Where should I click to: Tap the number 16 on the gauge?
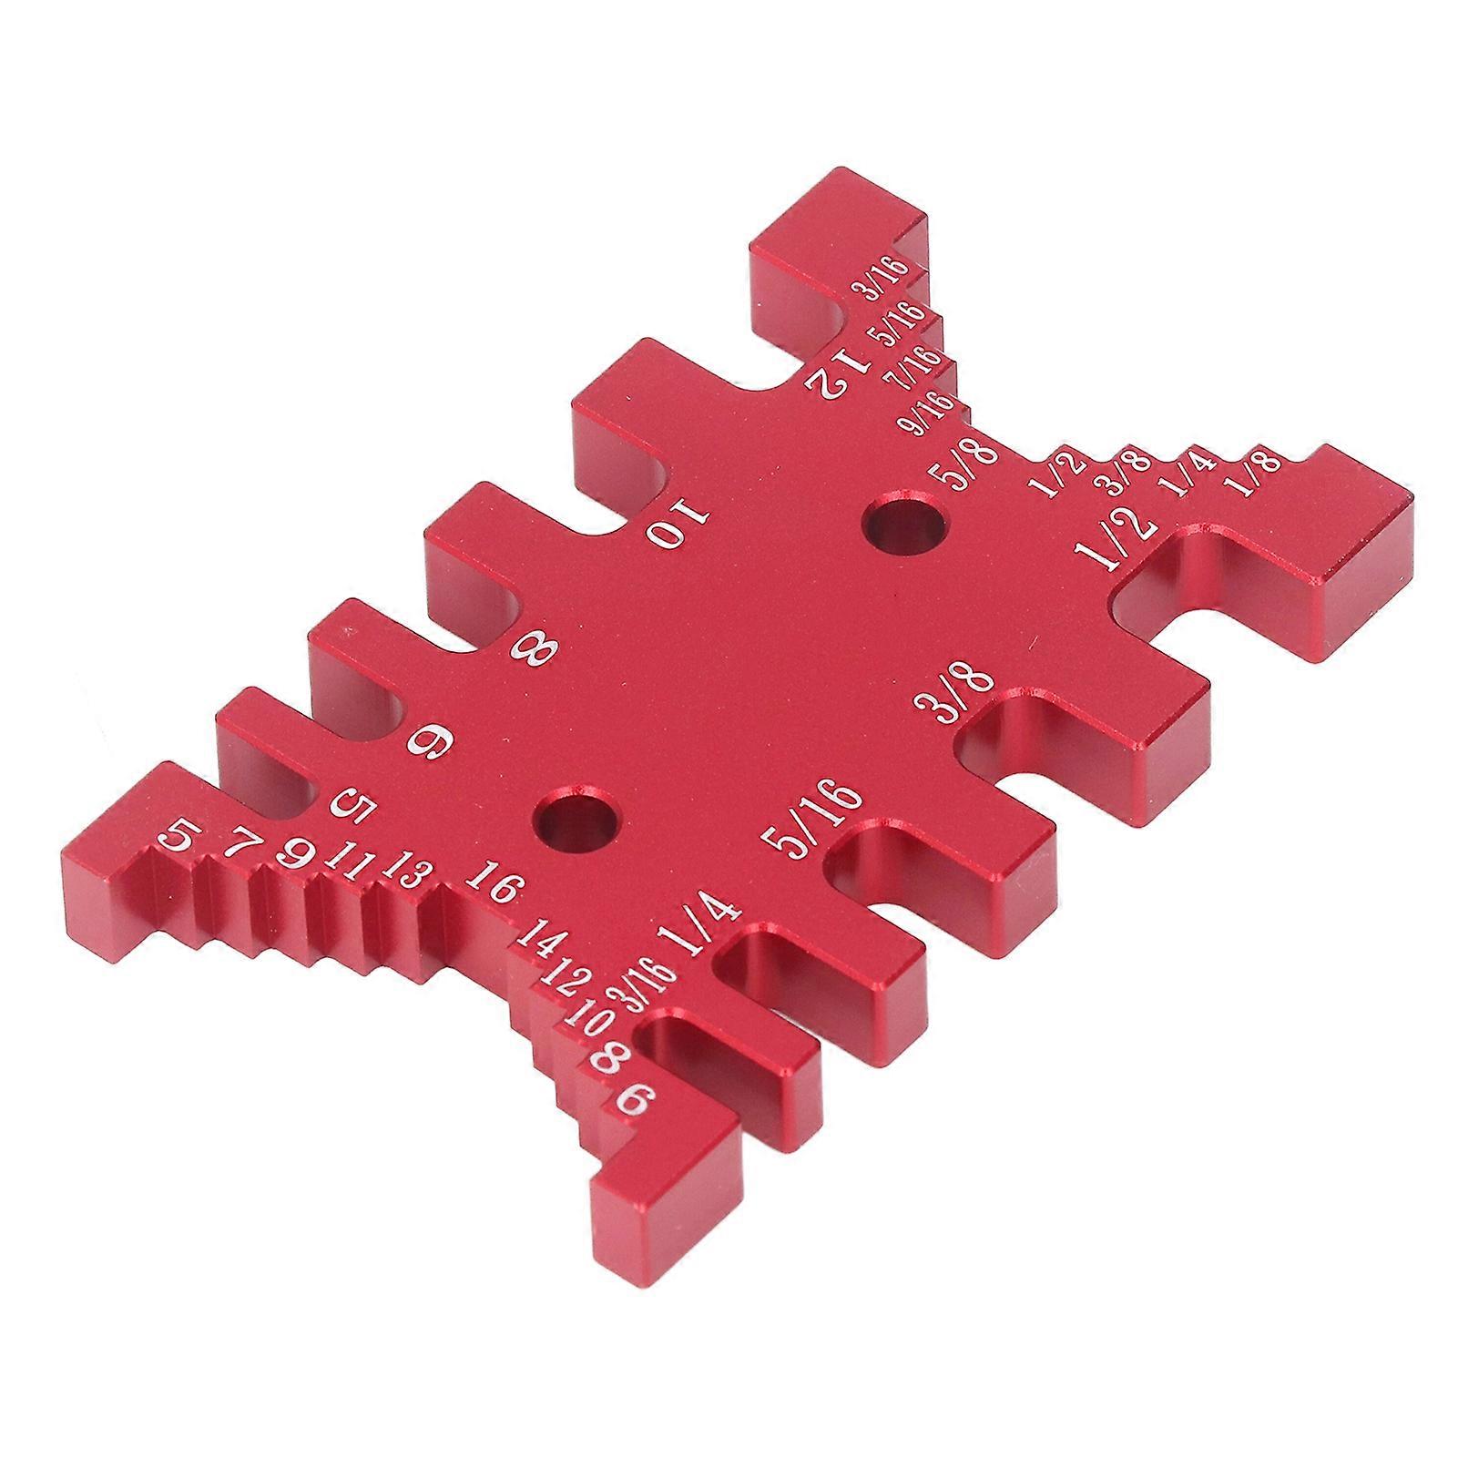tap(494, 882)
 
